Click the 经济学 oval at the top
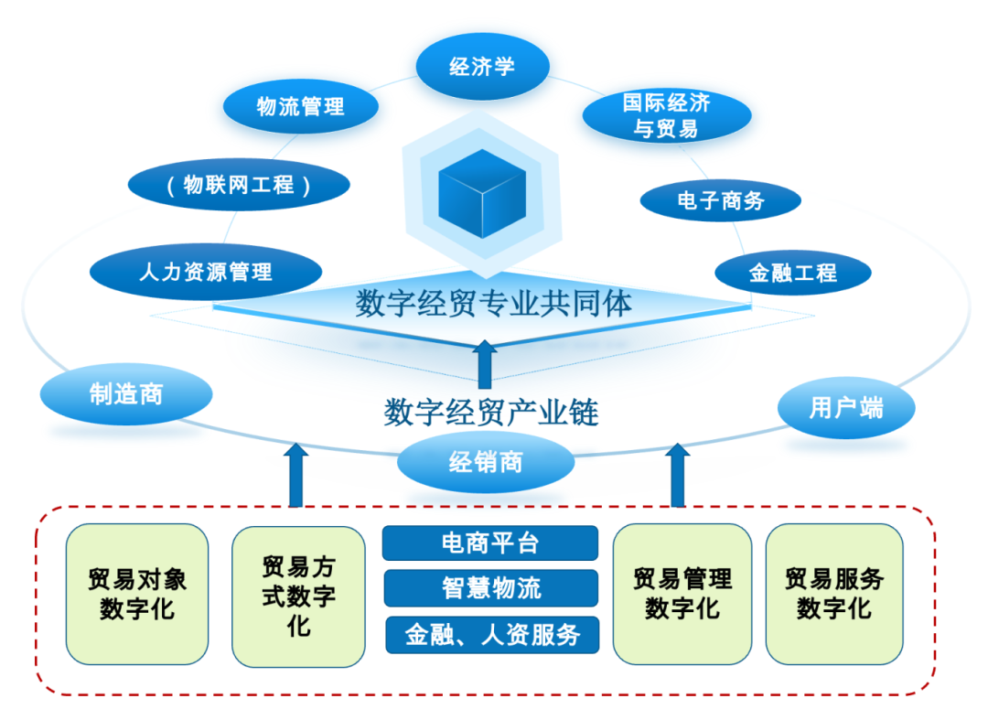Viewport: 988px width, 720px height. click(482, 67)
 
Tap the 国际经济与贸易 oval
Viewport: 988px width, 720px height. click(667, 115)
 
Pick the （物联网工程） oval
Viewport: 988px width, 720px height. click(239, 186)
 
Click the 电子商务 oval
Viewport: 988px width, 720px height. click(720, 200)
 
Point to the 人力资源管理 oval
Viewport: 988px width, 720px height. click(206, 272)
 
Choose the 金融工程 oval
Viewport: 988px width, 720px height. click(792, 273)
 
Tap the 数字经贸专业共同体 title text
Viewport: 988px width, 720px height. click(493, 304)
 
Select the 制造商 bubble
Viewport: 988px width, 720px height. click(126, 394)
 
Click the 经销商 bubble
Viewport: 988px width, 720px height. click(486, 462)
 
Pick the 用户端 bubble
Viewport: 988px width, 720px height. click(846, 407)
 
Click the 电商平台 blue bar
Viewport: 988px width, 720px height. click(489, 543)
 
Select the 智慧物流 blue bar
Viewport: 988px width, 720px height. click(489, 588)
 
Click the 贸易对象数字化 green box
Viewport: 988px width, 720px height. click(137, 594)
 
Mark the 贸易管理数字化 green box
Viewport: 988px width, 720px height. click(682, 594)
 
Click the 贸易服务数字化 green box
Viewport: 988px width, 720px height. click(834, 594)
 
